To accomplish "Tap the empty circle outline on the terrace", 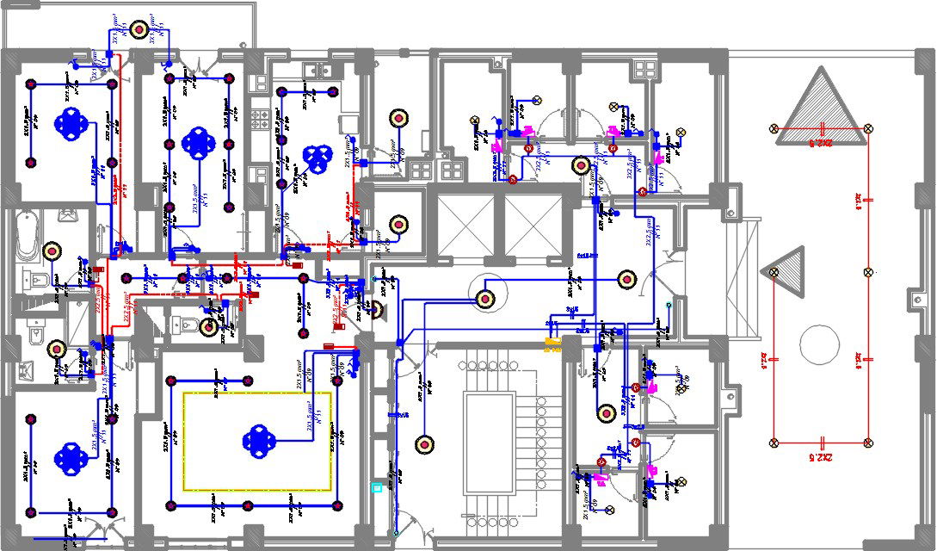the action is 819,345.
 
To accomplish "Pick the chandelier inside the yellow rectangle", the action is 258,439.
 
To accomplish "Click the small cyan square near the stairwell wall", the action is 376,487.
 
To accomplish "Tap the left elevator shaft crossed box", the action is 465,226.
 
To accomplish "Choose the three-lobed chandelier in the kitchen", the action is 317,156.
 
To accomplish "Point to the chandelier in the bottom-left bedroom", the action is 69,458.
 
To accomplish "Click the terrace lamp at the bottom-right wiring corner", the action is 867,443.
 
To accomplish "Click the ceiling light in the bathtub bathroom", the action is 52,251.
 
